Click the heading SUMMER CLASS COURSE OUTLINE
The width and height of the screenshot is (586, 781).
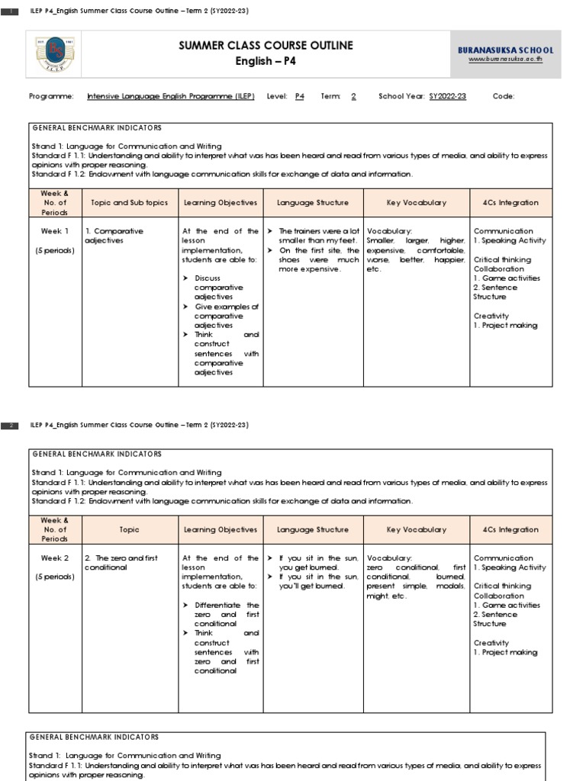[266, 46]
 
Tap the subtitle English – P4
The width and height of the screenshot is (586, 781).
[266, 61]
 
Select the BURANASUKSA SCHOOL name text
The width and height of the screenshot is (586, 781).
[517, 50]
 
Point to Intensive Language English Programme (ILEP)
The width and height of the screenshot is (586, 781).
[172, 97]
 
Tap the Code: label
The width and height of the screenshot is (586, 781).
[504, 97]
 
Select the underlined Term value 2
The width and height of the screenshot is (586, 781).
[353, 97]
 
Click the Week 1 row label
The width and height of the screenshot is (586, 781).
[55, 231]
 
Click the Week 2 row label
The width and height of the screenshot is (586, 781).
[55, 558]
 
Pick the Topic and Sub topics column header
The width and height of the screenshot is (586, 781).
[129, 203]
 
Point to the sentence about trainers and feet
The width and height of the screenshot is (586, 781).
[317, 236]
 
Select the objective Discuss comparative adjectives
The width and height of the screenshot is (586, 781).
[220, 288]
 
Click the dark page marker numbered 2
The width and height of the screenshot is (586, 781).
[11, 426]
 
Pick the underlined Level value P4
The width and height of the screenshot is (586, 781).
[300, 97]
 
